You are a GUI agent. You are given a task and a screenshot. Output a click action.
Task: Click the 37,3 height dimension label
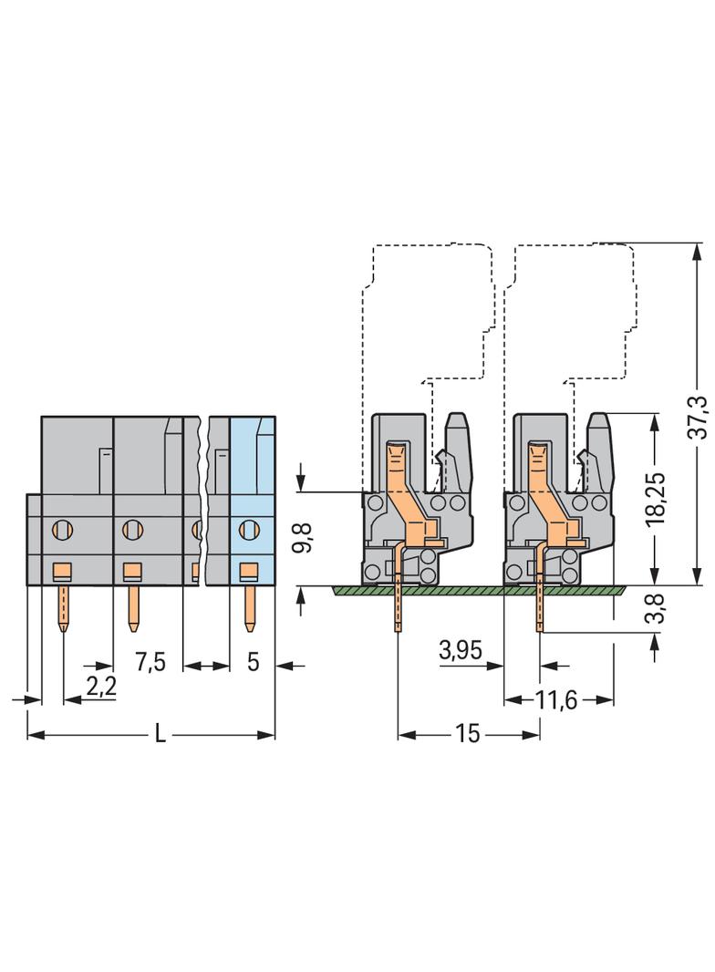(x=697, y=416)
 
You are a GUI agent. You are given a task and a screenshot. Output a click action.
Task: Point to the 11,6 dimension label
(x=557, y=700)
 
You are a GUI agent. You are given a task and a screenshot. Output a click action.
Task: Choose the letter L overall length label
(x=161, y=735)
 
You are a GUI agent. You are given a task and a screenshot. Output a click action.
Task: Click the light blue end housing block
(x=252, y=474)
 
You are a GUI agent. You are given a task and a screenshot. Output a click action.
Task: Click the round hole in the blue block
(x=246, y=528)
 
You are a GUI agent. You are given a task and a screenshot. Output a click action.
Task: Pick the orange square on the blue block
(x=245, y=572)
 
